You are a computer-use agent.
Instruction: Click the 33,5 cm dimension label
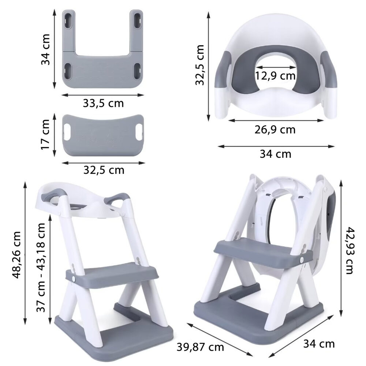point(103,103)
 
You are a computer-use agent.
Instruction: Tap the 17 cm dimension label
point(45,134)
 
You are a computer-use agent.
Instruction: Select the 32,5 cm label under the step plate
point(104,170)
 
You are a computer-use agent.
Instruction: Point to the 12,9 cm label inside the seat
point(275,76)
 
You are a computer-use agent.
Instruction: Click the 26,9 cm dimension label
point(275,130)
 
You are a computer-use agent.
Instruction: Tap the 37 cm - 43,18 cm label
point(41,268)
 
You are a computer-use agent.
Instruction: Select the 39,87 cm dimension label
point(200,347)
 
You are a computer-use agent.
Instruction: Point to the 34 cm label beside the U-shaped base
point(45,49)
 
